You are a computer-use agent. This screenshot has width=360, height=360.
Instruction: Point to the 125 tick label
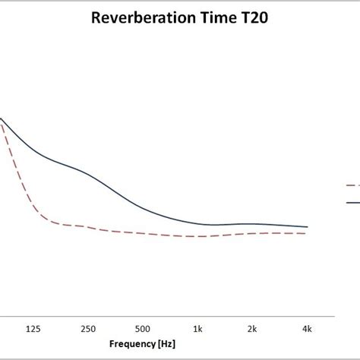(33, 328)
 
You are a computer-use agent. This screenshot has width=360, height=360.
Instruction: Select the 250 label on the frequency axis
(88, 328)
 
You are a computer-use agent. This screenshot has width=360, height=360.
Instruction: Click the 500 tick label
(142, 328)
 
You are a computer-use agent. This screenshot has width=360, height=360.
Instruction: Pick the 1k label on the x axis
(197, 328)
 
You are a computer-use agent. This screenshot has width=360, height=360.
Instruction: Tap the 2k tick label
(252, 328)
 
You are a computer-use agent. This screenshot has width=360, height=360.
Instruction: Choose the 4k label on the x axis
(307, 328)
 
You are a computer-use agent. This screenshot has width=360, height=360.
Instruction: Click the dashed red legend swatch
(352, 185)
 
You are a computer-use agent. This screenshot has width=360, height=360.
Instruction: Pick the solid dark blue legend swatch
(352, 202)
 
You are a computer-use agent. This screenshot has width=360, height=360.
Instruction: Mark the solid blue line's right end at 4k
(307, 227)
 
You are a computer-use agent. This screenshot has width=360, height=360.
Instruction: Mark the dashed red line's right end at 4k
(307, 234)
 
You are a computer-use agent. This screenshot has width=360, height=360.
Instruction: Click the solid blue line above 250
(88, 172)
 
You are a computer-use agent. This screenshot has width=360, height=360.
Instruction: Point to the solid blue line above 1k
(197, 223)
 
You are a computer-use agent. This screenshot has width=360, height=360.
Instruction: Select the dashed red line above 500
(142, 233)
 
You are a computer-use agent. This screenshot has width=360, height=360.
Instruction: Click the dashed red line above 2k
(252, 233)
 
